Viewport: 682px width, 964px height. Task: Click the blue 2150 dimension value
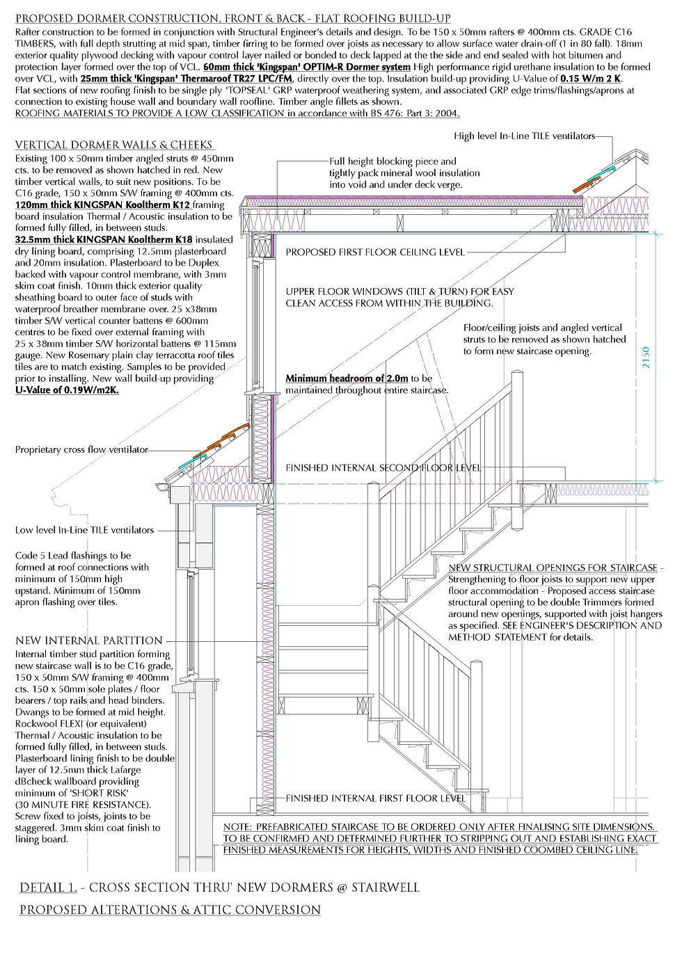click(646, 358)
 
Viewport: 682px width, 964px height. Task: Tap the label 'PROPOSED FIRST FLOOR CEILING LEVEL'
click(375, 252)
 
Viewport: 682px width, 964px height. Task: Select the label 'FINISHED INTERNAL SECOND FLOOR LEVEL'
click(383, 468)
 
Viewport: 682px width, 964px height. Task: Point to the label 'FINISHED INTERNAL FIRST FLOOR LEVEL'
click(376, 798)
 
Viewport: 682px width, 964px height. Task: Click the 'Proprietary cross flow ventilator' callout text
click(81, 450)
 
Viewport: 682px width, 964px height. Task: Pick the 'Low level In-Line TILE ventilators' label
click(84, 530)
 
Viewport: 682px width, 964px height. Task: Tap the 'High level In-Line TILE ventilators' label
click(525, 136)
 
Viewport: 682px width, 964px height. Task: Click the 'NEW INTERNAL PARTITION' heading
click(88, 641)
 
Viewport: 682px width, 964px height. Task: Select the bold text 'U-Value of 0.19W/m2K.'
click(67, 390)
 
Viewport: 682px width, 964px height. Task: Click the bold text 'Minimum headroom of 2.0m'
click(347, 378)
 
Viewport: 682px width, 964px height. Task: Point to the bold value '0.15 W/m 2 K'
click(591, 79)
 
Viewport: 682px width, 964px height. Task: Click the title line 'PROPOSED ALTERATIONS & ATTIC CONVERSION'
click(170, 909)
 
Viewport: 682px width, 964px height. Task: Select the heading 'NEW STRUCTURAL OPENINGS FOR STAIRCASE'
click(553, 568)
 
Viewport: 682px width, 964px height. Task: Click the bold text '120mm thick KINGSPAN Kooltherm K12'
click(103, 205)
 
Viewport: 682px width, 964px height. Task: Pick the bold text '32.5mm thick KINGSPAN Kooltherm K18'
click(104, 240)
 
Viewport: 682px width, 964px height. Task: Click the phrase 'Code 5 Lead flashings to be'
click(73, 556)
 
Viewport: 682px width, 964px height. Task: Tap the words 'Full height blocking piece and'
click(392, 161)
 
